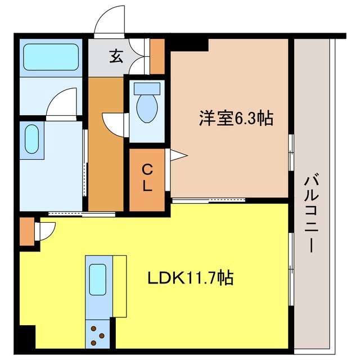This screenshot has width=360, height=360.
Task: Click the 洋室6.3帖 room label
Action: pos(236,119)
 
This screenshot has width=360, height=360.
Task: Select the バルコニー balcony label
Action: pos(311,214)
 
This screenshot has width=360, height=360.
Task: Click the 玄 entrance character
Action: pos(116,56)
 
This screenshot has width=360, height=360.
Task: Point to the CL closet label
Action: pos(147,178)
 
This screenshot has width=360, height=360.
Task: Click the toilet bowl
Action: pos(147,107)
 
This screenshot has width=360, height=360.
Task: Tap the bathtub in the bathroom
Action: pos(51,57)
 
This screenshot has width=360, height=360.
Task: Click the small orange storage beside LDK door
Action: pos(26,232)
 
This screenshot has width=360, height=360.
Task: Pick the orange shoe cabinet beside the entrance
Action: pos(157,56)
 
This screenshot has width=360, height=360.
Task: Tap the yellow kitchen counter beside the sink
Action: pos(119,286)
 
